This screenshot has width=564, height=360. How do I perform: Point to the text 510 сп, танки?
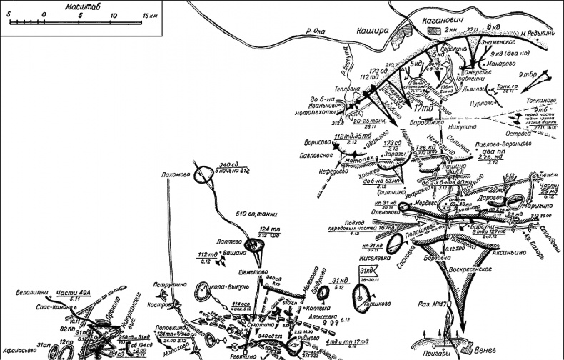click(x=256, y=212)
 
